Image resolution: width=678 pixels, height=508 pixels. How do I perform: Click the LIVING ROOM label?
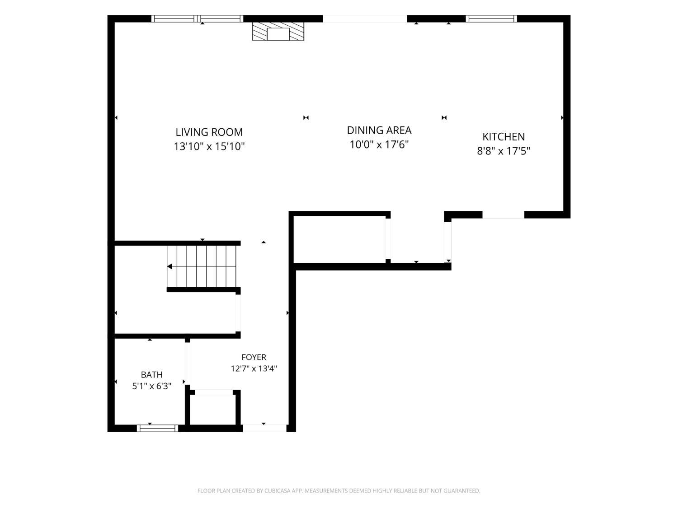(209, 132)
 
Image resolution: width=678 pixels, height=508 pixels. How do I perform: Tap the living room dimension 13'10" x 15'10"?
(209, 146)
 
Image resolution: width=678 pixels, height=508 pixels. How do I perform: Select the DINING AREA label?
(379, 130)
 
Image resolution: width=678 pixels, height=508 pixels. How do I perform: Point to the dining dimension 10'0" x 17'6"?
(379, 144)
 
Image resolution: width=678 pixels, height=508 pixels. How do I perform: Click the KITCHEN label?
(504, 137)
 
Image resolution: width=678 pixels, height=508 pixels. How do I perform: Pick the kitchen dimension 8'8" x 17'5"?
(504, 151)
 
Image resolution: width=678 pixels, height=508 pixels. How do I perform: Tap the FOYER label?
(254, 357)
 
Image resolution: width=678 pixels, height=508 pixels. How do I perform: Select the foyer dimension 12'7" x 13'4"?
(254, 368)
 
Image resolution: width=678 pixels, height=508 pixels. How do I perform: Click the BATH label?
(151, 375)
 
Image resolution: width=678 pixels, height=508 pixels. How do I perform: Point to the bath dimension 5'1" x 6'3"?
(151, 386)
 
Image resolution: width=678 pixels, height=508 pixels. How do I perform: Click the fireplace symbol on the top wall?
(278, 31)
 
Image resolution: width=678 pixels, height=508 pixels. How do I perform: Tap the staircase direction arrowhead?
(169, 266)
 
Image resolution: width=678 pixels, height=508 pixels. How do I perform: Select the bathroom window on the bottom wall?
(158, 428)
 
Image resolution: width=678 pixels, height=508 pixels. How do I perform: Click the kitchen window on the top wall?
(491, 19)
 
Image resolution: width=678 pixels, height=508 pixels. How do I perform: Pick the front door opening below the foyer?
(264, 428)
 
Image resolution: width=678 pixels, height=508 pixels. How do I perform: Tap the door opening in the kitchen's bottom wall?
(503, 214)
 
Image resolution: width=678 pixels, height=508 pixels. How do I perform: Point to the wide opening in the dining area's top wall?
(365, 19)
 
